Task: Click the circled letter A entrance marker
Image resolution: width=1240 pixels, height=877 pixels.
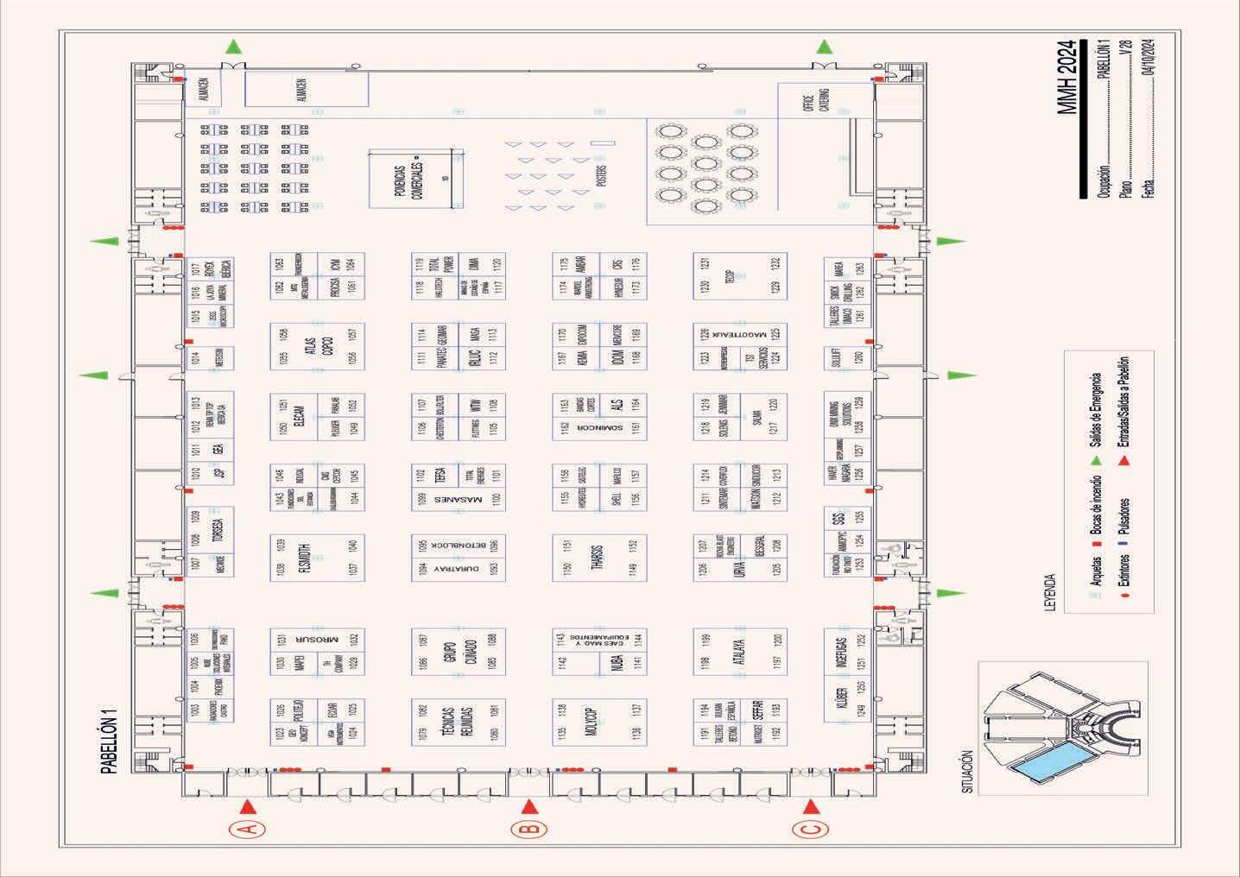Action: pos(247,830)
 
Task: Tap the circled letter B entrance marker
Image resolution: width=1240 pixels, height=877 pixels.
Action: pos(529,830)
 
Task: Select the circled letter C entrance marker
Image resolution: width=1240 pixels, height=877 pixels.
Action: pos(809,830)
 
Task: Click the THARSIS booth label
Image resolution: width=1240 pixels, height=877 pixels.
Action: pos(597,558)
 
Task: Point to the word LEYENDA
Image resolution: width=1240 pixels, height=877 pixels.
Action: pos(1051,592)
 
